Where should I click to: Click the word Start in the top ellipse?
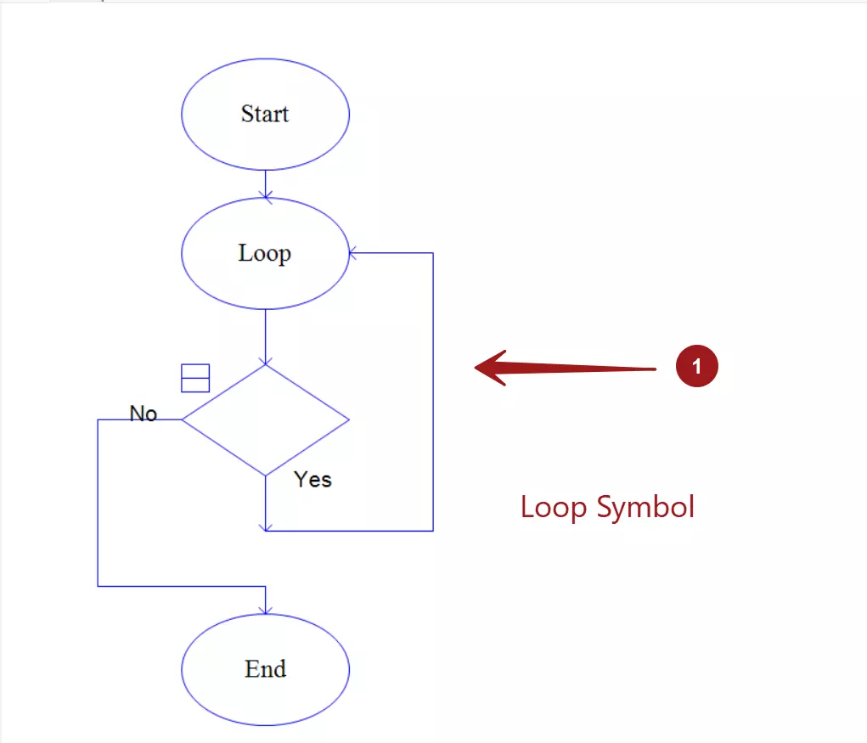(265, 114)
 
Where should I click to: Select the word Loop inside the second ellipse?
(265, 254)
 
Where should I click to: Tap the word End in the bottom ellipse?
(266, 669)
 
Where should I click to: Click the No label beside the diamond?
(144, 414)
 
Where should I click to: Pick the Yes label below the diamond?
(313, 479)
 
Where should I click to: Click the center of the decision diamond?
(266, 420)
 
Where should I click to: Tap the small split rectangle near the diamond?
(195, 378)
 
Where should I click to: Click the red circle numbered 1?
(696, 366)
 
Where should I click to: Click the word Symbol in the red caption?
(645, 508)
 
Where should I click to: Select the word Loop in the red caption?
(554, 508)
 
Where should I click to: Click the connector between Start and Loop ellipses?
(266, 183)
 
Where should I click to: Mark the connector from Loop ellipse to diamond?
(266, 336)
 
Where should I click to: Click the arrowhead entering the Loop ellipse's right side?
(352, 253)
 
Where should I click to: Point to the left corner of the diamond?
(182, 420)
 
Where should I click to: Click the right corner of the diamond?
(349, 420)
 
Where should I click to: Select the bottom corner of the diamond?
(266, 476)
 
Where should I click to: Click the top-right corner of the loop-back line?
(433, 253)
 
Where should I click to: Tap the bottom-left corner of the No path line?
(98, 586)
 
